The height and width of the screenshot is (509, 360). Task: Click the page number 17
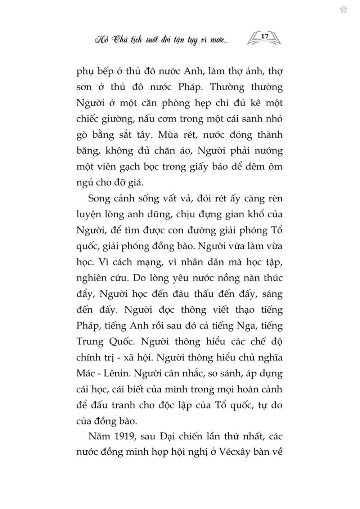(x=265, y=36)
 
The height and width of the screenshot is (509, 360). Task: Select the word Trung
(x=89, y=341)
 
